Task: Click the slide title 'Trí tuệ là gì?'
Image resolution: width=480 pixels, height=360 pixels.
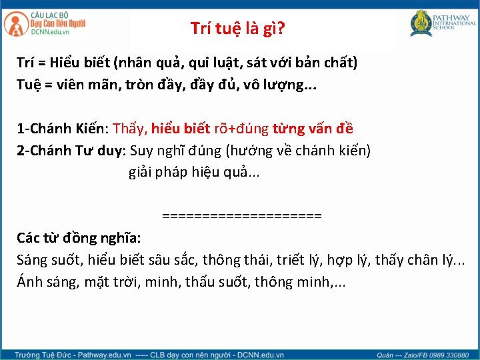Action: [238, 28]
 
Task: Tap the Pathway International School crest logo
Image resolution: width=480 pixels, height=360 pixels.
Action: [421, 23]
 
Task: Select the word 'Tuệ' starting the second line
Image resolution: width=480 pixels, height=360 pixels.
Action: [31, 85]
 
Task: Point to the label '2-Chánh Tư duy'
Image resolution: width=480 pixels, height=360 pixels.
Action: [71, 150]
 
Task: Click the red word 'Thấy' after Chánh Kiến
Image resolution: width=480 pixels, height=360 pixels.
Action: [129, 128]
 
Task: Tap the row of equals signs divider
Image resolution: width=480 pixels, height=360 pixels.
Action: [241, 216]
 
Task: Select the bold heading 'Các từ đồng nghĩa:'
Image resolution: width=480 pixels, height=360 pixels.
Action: [79, 237]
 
